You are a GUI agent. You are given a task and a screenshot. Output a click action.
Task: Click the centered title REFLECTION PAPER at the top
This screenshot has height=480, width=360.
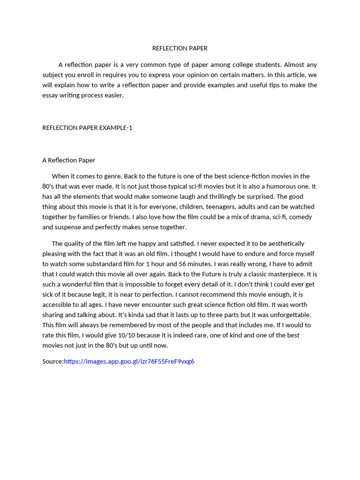coord(180,48)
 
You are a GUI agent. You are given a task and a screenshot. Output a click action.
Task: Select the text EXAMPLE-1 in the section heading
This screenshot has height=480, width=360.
coord(116,127)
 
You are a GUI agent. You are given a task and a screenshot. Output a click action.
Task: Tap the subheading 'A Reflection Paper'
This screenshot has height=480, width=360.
coord(69,160)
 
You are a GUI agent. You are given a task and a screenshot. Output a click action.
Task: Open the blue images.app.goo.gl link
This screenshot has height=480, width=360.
coord(129,361)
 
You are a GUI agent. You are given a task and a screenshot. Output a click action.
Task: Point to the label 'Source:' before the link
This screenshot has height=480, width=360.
coord(53,361)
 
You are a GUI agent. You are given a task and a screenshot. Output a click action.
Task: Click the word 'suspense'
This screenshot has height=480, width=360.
coord(69,227)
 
